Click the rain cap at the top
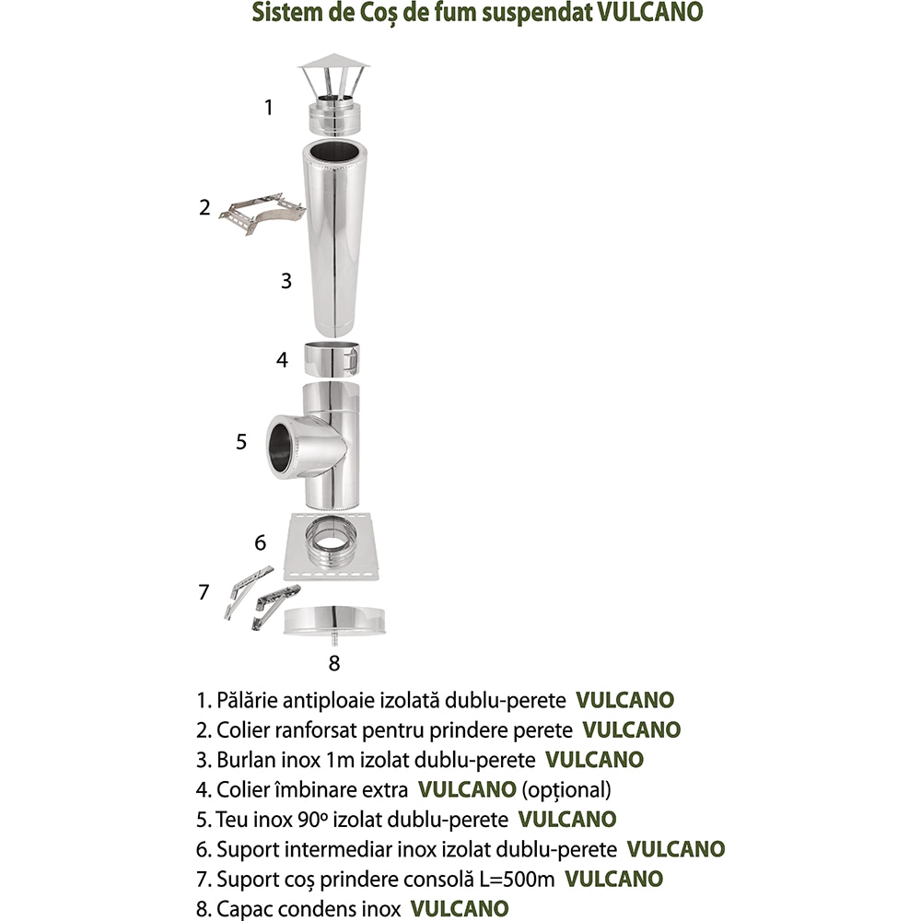click(333, 93)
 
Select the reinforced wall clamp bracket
click(263, 209)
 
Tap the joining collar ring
click(332, 358)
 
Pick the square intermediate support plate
click(332, 549)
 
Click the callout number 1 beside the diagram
click(269, 108)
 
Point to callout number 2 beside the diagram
click(205, 207)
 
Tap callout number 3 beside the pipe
click(286, 281)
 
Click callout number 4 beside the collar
click(283, 360)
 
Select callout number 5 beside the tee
click(241, 442)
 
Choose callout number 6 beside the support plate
click(261, 542)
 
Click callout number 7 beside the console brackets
click(204, 592)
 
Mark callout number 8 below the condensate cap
click(334, 662)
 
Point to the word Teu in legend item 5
click(233, 819)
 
